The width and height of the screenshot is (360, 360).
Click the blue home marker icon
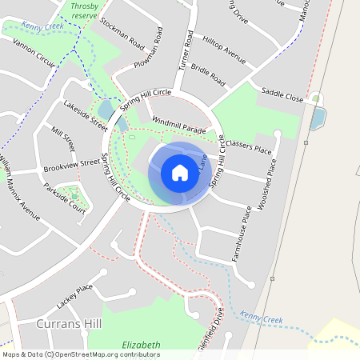coord(180,173)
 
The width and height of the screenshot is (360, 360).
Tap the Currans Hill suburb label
coord(70,323)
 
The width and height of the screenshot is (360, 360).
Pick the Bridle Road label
coord(206,76)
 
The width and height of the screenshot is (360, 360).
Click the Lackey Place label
coord(75,297)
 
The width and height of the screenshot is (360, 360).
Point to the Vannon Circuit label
coord(34,54)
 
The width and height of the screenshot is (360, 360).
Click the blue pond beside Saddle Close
coord(317,119)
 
